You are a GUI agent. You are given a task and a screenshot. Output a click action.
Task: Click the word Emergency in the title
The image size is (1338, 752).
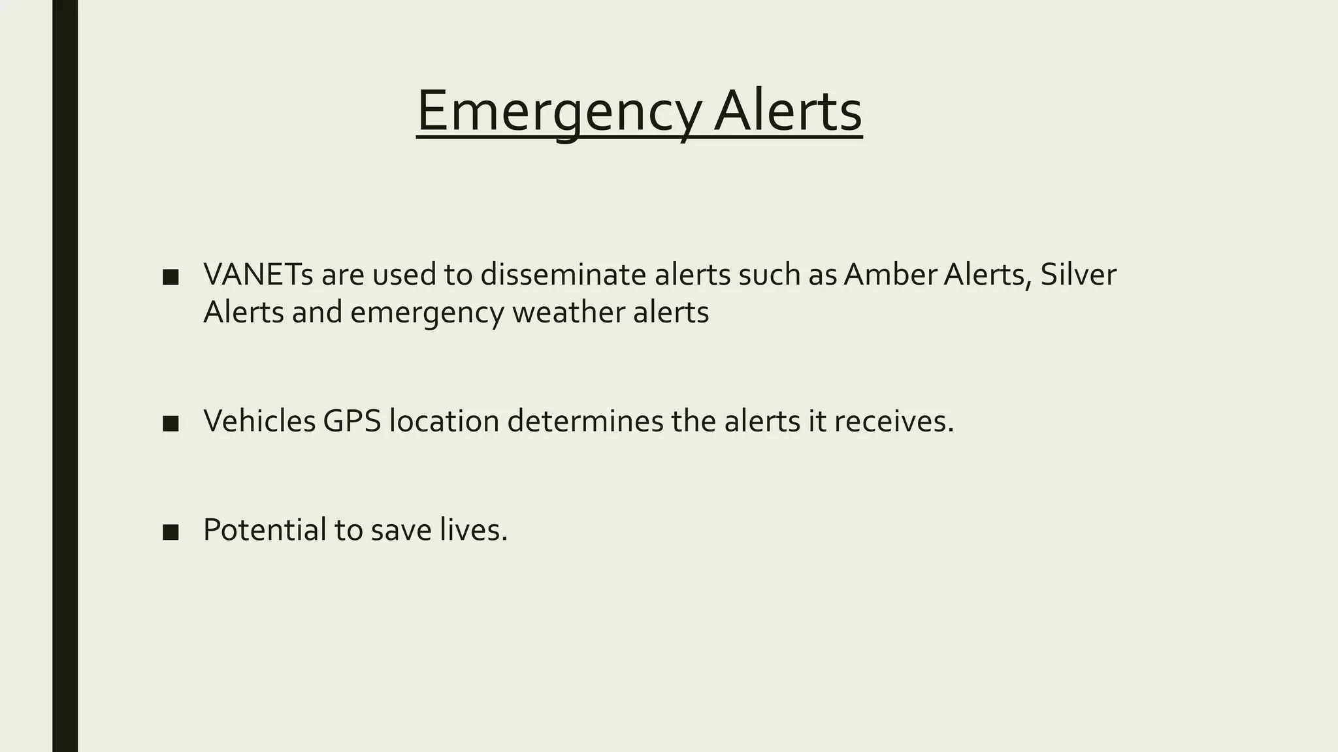559,112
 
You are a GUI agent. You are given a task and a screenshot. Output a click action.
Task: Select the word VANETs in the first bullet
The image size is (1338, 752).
258,275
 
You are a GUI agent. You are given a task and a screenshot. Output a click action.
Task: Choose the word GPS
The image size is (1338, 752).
351,421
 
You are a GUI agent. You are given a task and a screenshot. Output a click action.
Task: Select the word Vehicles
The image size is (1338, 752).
259,421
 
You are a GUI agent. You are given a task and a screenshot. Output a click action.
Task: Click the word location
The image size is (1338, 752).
444,421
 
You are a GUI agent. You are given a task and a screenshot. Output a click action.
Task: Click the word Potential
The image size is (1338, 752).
265,529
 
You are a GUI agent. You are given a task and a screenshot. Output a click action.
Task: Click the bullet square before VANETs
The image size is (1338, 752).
171,277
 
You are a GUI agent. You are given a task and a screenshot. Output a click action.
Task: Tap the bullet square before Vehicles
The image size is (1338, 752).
171,424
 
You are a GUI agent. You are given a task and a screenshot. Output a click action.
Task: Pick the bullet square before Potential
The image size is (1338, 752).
171,532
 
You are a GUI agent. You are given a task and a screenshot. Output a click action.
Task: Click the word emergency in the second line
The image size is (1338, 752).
427,313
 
